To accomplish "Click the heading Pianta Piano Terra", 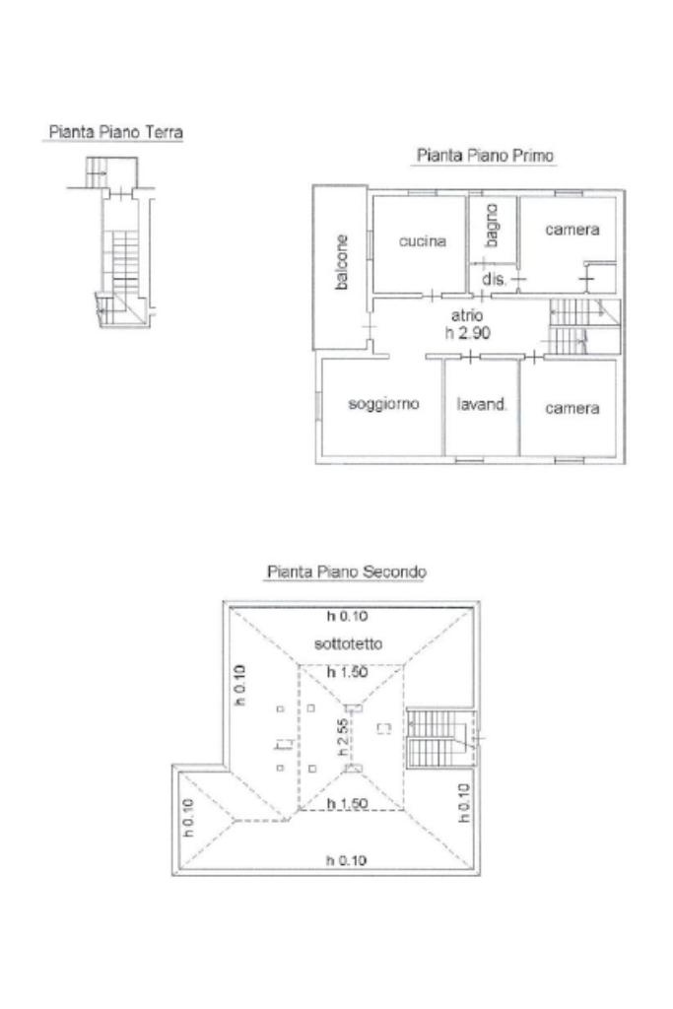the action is (x=116, y=132).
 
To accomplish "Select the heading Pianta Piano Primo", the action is (x=485, y=155).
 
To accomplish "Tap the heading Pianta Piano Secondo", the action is (x=347, y=572).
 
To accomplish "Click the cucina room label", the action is (x=422, y=241).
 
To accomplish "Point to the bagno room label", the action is (x=492, y=226).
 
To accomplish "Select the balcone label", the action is (x=342, y=262).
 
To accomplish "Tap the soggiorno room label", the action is (x=383, y=403).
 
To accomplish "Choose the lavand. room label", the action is (x=481, y=404).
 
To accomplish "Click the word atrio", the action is (x=467, y=315).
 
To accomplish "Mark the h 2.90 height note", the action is (x=468, y=333).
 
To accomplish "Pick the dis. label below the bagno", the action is (x=494, y=279).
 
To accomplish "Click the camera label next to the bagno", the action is (x=572, y=230).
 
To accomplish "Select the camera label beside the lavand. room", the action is (x=572, y=408).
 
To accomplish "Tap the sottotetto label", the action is (x=348, y=643).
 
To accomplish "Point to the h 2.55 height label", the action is (x=344, y=737).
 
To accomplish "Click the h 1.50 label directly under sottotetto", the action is (x=348, y=672).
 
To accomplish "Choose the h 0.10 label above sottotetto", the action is (x=348, y=616).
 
